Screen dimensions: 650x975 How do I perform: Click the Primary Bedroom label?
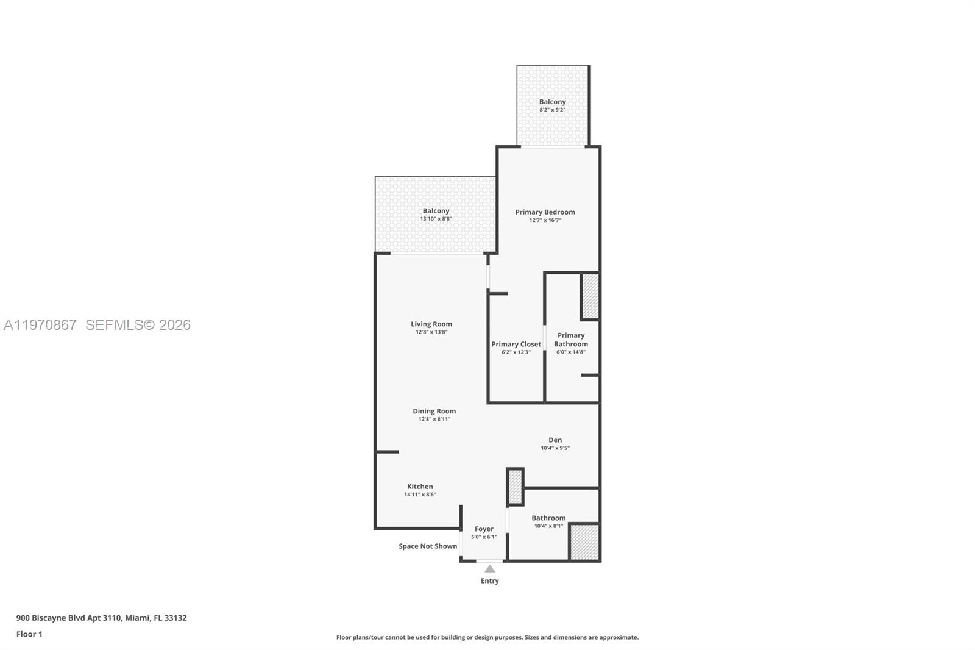click(x=545, y=212)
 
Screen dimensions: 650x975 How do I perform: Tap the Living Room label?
click(x=431, y=324)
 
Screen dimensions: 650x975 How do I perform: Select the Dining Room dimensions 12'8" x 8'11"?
click(x=434, y=420)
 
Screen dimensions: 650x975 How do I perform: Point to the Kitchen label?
click(x=420, y=487)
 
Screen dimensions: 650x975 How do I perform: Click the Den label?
click(x=555, y=440)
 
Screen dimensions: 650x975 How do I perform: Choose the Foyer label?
click(x=484, y=529)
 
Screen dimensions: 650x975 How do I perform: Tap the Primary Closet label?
click(x=516, y=345)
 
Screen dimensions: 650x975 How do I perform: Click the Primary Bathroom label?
click(x=571, y=340)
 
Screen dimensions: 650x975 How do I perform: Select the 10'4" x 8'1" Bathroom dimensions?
click(x=548, y=526)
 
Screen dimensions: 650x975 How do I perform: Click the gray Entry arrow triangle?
click(x=490, y=569)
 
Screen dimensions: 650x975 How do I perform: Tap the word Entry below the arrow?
click(x=490, y=581)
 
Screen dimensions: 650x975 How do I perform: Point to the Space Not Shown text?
click(x=428, y=546)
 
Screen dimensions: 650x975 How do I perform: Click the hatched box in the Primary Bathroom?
click(x=590, y=296)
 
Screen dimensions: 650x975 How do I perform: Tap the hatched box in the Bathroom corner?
click(x=585, y=542)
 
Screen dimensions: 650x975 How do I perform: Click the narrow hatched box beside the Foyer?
click(x=515, y=487)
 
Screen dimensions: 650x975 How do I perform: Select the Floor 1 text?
click(x=29, y=634)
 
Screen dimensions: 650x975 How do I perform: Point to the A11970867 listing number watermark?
click(x=40, y=325)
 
